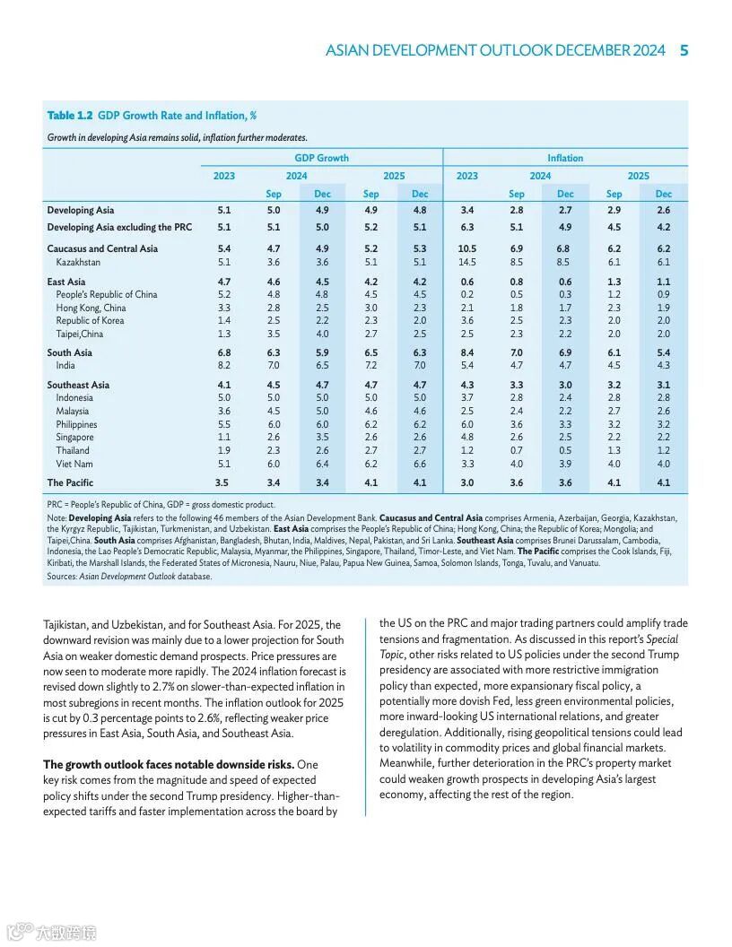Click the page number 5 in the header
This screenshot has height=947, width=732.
pos(684,50)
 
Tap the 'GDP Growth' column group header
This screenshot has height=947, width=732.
pos(322,158)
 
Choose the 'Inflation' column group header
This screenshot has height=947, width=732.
pos(565,158)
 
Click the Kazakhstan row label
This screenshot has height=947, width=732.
pos(78,262)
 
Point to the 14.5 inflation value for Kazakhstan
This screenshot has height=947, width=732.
pos(466,262)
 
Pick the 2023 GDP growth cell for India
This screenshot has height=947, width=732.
pos(223,365)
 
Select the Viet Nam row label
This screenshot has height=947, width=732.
pos(74,464)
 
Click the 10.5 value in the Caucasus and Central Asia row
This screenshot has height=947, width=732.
pos(466,248)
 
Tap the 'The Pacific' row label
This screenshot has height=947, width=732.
pos(70,482)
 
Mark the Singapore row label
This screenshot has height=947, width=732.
pos(74,438)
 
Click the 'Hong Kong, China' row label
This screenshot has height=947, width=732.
pos(91,308)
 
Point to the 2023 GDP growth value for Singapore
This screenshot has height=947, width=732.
pos(223,438)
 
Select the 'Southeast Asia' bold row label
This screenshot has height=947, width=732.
pos(78,385)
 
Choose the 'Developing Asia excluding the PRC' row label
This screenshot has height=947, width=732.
pos(119,227)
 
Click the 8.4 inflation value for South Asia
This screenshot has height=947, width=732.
pos(466,352)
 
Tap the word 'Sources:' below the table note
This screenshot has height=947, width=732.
pos(62,577)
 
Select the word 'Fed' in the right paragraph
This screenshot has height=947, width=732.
pos(513,700)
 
